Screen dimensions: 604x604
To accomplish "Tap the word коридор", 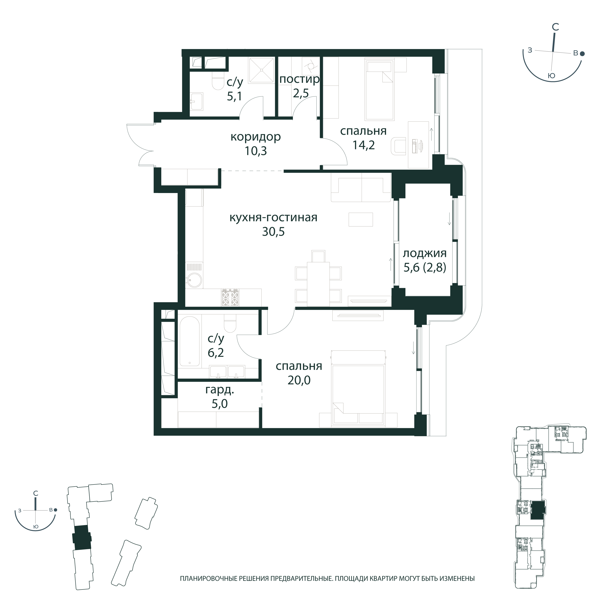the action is click(255, 137).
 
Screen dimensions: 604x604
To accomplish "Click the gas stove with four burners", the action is click(230, 297).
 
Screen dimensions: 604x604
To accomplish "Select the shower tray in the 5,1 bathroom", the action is click(261, 70).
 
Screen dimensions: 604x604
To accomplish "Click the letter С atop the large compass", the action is click(555, 27).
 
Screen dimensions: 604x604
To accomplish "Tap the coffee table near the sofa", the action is click(361, 219).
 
